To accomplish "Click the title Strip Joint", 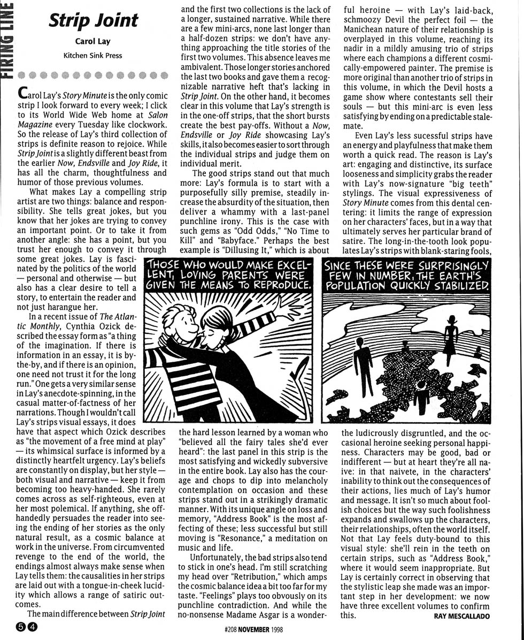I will [94, 20].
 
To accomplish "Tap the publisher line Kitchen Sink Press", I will [93, 55].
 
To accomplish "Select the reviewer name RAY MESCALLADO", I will [459, 616].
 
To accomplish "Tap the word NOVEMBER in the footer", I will [254, 630].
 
